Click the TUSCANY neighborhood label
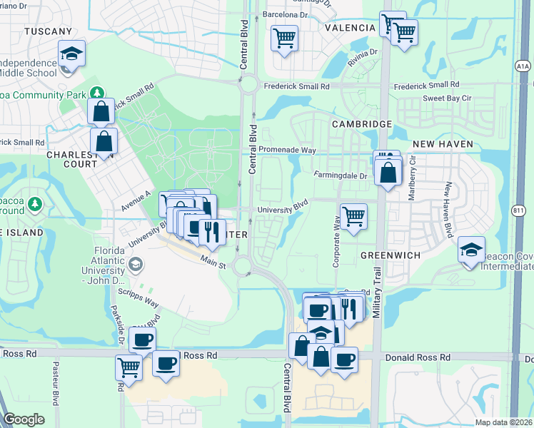coord(48,31)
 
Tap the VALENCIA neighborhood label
coord(350,28)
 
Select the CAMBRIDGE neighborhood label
coord(362,124)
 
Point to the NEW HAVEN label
coord(443,144)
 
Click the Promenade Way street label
coord(287,151)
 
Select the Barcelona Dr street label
coord(284,14)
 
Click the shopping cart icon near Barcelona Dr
coord(284,37)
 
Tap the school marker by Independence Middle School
coord(71,53)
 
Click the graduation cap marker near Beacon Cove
coord(471,250)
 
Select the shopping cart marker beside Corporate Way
coord(353,215)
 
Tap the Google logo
coord(24,419)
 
